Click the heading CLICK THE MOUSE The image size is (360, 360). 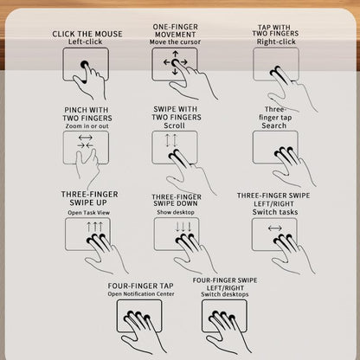pos(87,34)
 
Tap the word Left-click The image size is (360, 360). pos(85,42)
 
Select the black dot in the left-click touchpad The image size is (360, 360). pos(85,64)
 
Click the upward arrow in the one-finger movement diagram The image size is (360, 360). pos(175,55)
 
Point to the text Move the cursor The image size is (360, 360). pos(175,42)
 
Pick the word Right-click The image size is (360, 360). pos(276,42)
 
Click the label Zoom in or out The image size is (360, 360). pos(87,126)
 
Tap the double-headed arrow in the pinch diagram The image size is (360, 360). pos(86,138)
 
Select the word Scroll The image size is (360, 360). pos(174,125)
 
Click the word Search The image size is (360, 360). pos(274,125)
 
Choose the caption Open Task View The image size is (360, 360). pos(89,213)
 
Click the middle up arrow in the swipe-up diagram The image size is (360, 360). pos(94,227)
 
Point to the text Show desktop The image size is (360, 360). pos(176,212)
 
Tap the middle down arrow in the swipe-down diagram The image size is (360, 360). pos(183,227)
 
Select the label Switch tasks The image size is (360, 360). pos(275,212)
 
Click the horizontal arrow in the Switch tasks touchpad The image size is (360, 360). pos(275,228)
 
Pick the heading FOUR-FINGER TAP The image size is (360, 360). pos(140,286)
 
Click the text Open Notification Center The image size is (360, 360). pos(141,294)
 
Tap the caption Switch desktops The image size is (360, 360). pos(225,294)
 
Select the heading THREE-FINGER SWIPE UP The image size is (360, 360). pos(89,198)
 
